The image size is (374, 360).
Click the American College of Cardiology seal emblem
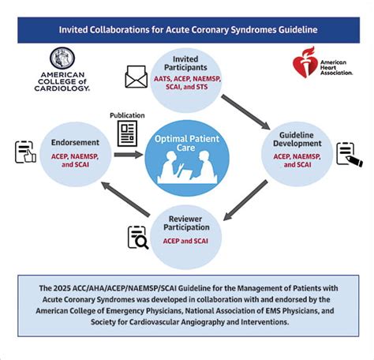[62, 58]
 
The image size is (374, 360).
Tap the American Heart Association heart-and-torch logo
[305, 62]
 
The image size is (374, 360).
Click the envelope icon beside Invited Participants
[136, 77]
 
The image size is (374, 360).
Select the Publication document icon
[127, 133]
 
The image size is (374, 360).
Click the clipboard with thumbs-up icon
[25, 152]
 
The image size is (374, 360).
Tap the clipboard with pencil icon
[350, 155]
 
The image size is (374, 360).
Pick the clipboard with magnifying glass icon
[138, 238]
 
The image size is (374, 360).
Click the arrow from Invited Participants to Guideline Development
[245, 112]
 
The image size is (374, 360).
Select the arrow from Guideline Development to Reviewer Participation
[245, 201]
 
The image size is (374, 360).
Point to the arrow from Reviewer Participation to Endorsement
[125, 199]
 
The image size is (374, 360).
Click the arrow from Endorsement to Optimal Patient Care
[129, 155]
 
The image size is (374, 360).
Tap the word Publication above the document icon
[127, 115]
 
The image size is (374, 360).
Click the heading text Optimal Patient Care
[187, 143]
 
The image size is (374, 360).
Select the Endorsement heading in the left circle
[75, 142]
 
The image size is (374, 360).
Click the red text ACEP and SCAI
[185, 241]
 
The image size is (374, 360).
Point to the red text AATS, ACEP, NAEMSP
[187, 79]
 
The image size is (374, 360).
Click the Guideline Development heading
[297, 139]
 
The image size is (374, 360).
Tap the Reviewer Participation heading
[186, 223]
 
